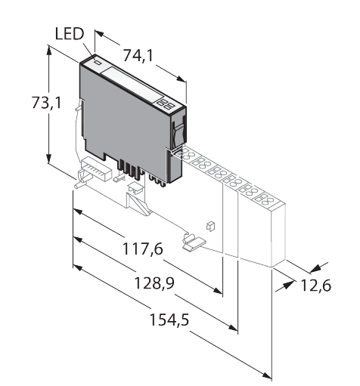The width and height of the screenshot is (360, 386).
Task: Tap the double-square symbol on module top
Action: pos(167,103)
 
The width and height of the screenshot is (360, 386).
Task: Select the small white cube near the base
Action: pos(210,224)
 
